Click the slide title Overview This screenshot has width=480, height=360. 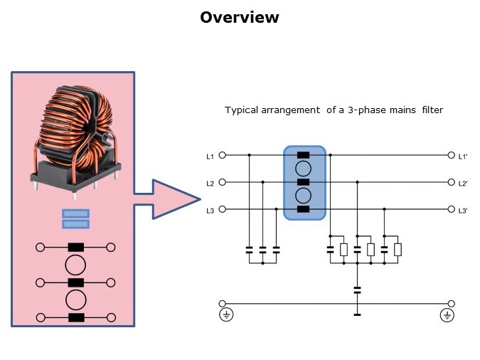point(240,18)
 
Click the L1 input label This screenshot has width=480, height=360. point(210,156)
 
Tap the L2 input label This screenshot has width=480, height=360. point(210,183)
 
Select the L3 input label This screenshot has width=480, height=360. point(210,210)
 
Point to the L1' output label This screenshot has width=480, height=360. point(462,156)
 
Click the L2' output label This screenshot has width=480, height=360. point(462,183)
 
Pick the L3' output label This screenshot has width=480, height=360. point(462,210)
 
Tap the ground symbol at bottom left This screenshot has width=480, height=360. point(225,314)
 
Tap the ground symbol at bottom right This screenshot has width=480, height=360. point(447,314)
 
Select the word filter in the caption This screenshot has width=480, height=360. point(432,110)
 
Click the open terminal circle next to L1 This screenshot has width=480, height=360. point(223,155)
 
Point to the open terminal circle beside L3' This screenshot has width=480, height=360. point(451,209)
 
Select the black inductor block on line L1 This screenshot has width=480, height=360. point(304,155)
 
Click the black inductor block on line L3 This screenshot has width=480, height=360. point(304,209)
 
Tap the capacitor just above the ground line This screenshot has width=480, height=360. point(357,290)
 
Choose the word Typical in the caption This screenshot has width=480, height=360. point(242,110)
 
